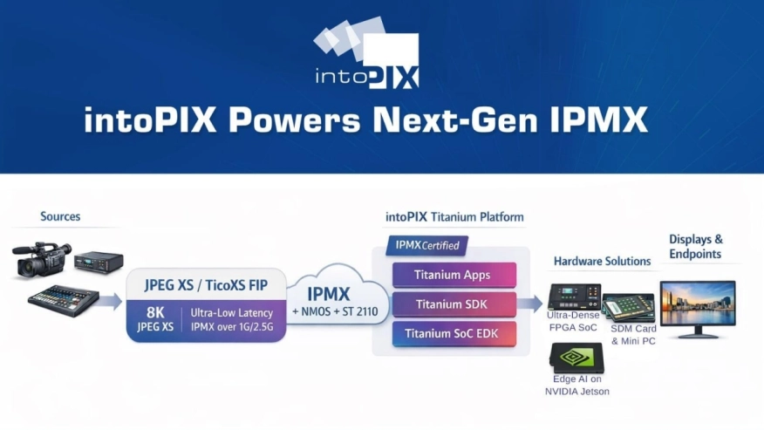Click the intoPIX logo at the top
(x=366, y=53)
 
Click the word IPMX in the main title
(x=599, y=119)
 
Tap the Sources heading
(x=60, y=216)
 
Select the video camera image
(x=41, y=260)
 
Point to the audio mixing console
(x=64, y=300)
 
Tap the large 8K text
(x=155, y=312)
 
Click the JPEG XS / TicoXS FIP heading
(x=206, y=285)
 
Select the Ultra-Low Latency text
(x=231, y=313)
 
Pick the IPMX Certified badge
(x=426, y=246)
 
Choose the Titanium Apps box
(x=454, y=275)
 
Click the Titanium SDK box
(x=454, y=304)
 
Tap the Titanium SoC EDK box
(x=454, y=334)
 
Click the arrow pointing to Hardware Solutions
(x=530, y=304)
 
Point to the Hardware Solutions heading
(x=603, y=262)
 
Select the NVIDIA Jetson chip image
(x=576, y=358)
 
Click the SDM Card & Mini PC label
(x=633, y=335)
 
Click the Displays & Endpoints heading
(x=695, y=247)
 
